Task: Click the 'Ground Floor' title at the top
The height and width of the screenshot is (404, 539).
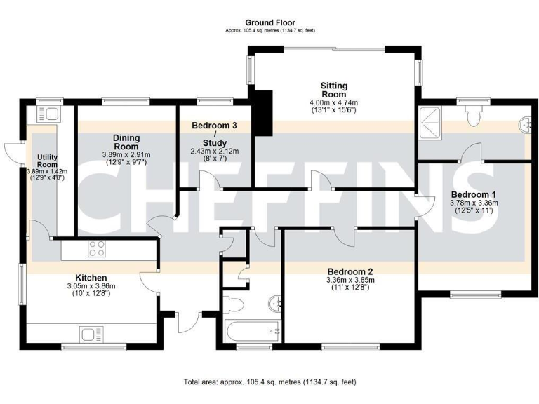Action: click(x=269, y=23)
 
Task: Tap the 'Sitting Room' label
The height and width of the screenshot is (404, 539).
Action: click(x=333, y=89)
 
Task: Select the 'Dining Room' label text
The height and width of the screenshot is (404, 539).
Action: click(x=127, y=142)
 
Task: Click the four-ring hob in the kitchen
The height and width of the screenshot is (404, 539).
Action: click(x=96, y=248)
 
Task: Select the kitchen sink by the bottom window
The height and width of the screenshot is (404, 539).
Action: click(x=91, y=333)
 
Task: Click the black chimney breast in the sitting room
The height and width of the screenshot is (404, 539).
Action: click(x=263, y=112)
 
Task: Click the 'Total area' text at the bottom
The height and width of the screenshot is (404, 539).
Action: click(x=269, y=382)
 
